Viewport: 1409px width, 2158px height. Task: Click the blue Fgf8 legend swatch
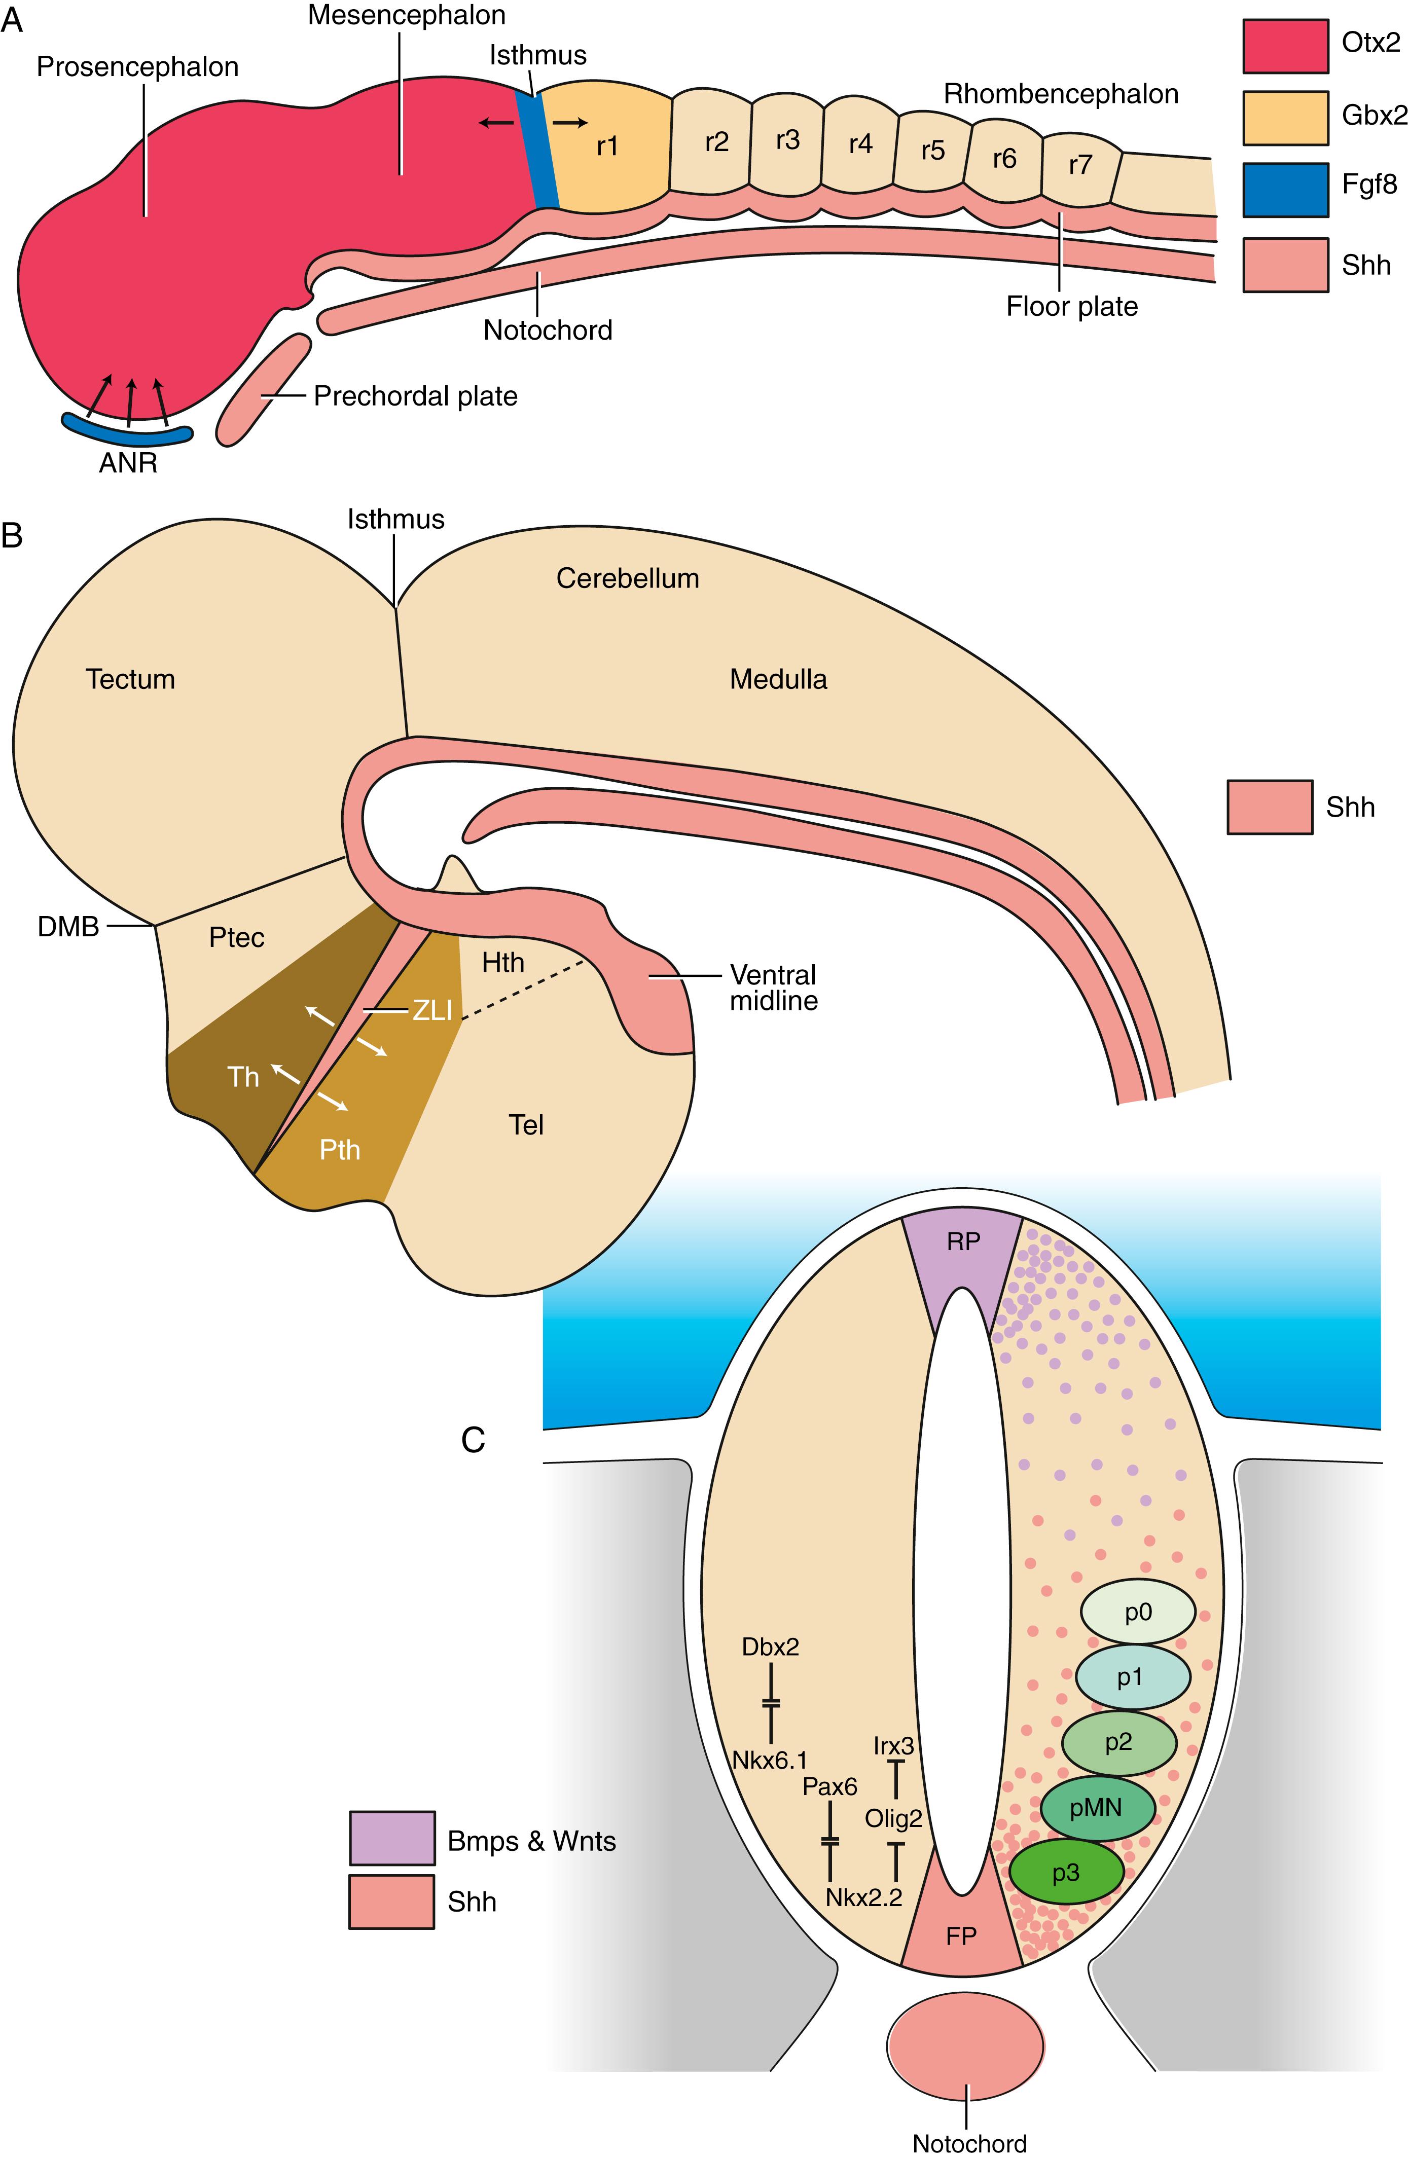[x=1285, y=191]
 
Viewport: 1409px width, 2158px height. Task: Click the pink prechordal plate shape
[x=263, y=390]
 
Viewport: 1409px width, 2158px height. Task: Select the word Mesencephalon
[x=406, y=15]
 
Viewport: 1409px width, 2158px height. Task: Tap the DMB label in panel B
[x=68, y=927]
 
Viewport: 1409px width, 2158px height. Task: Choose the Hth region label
[x=502, y=962]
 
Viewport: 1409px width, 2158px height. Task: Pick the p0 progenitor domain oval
[x=1137, y=1611]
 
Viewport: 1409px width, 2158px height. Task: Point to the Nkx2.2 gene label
[x=864, y=1898]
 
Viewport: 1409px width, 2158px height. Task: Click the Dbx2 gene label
[x=770, y=1647]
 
